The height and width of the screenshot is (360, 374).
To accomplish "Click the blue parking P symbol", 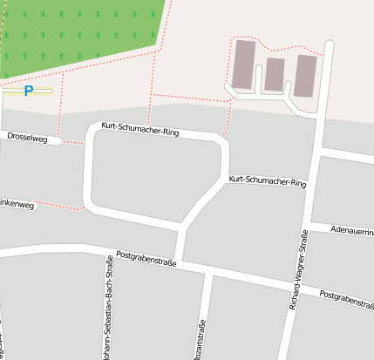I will coord(28,90).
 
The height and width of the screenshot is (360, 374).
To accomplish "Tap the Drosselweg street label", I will coord(26,137).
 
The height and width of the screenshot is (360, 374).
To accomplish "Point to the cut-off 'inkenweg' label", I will coord(17,206).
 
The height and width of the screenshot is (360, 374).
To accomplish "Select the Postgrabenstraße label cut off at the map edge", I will coord(347,299).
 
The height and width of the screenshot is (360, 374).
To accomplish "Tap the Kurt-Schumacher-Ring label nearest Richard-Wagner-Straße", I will coord(268,182).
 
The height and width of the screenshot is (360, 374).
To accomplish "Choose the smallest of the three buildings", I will coord(275,74).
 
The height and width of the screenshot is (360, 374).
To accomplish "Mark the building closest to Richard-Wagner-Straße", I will coord(305,76).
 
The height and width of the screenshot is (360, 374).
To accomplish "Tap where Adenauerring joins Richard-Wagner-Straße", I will coord(309,223).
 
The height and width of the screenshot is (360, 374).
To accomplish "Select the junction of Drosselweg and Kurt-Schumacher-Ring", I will coord(87,140).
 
